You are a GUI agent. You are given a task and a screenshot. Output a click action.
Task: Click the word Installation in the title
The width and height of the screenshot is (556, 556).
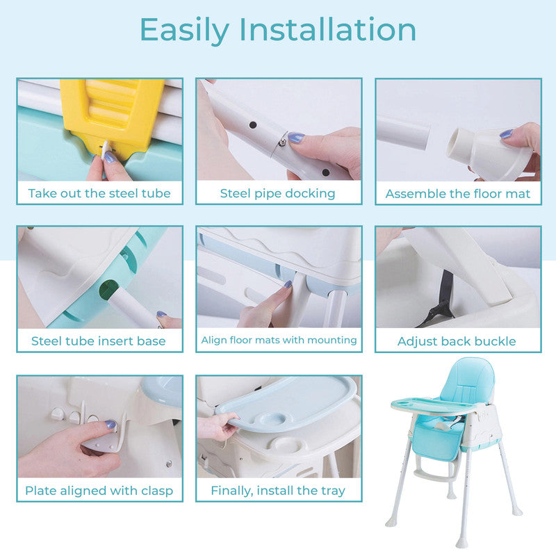tap(328, 30)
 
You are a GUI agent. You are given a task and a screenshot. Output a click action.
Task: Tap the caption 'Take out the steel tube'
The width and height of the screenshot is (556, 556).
tap(99, 193)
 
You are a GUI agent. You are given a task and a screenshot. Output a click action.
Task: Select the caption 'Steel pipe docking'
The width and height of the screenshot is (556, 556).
tap(278, 193)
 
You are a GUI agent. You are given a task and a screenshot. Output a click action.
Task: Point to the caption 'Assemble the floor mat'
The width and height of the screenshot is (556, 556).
tap(457, 193)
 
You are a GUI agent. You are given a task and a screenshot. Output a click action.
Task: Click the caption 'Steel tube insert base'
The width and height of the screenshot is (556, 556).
tap(99, 341)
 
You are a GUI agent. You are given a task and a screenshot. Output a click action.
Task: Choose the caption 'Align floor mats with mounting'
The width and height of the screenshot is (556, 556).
tap(279, 340)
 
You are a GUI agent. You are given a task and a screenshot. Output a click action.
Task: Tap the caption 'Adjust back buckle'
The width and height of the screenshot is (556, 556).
tap(457, 341)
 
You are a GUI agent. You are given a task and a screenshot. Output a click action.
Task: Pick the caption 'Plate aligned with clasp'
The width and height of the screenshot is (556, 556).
tap(99, 491)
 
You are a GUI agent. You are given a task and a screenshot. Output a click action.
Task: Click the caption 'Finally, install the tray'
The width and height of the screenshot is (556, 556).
tap(278, 491)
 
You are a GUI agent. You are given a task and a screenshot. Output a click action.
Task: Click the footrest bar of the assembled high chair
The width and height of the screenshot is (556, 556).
tap(431, 477)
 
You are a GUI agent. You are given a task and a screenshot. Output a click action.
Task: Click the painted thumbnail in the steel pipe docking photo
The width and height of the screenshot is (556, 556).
tap(296, 138)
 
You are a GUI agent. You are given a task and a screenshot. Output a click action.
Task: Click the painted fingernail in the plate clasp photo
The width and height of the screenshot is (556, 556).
tap(110, 424)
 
